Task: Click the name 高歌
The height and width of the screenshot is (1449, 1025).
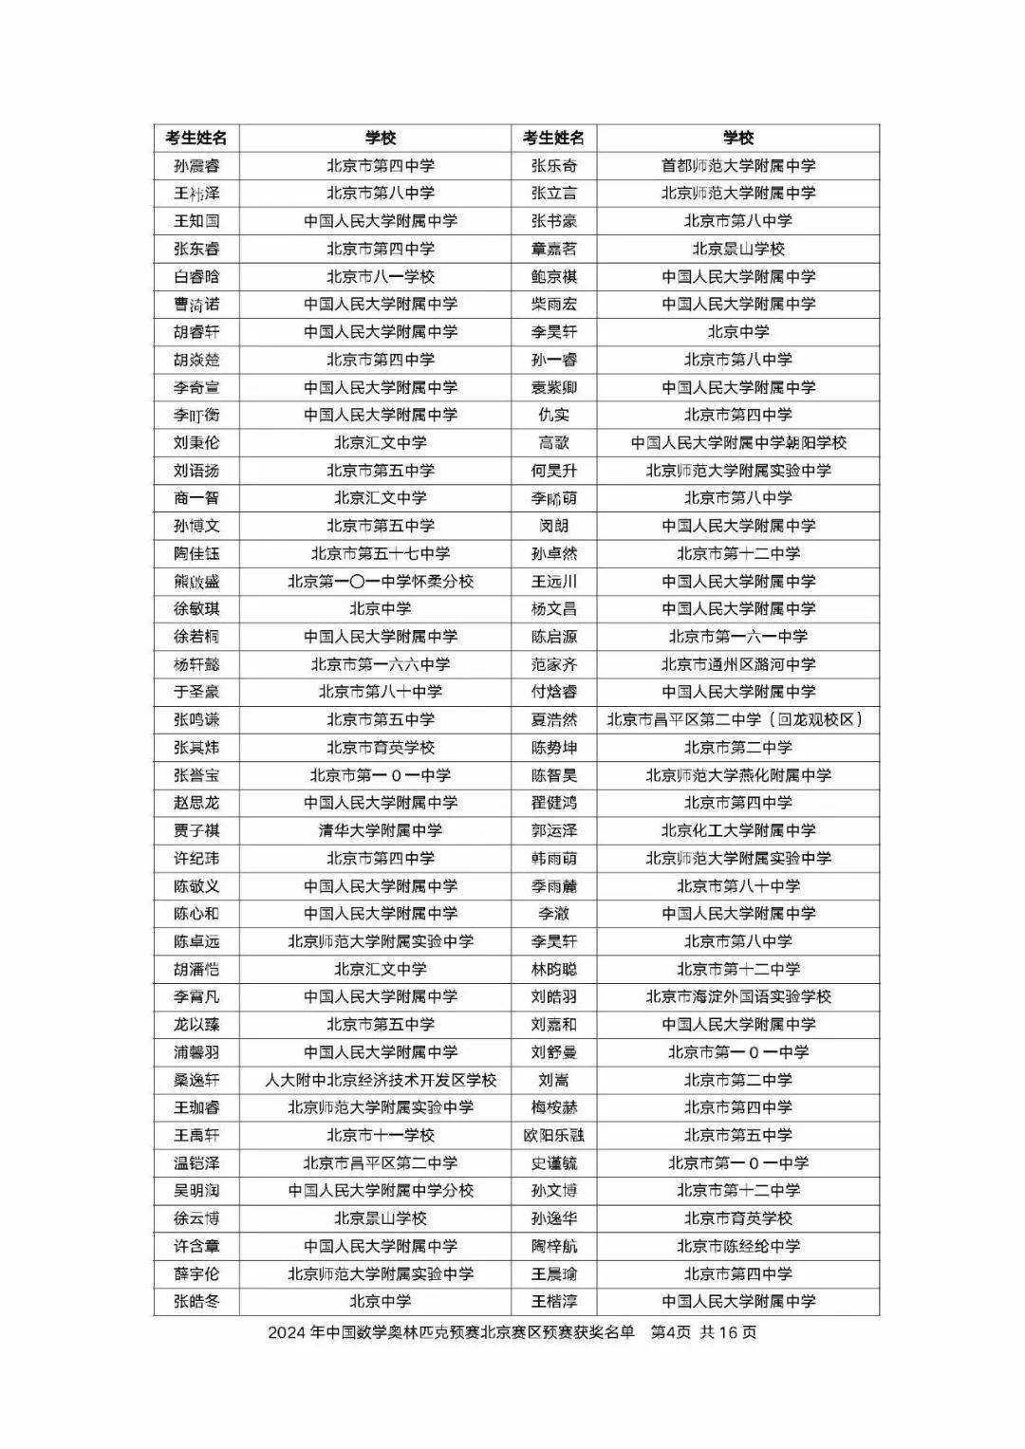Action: [x=553, y=443]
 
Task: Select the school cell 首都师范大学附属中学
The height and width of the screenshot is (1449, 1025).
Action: [x=737, y=166]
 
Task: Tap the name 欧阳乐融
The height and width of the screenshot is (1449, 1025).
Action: [x=553, y=1136]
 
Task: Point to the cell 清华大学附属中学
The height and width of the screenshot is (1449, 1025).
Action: [x=380, y=831]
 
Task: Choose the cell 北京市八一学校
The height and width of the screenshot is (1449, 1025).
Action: [x=380, y=277]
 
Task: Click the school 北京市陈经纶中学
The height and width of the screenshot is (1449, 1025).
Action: [x=737, y=1247]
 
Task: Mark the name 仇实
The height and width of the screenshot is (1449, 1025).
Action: [x=553, y=416]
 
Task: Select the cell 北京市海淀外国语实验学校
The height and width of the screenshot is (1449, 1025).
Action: [x=737, y=997]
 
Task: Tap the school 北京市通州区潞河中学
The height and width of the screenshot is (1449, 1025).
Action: [x=737, y=665]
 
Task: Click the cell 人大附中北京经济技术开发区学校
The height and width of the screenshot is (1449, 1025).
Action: [x=380, y=1081]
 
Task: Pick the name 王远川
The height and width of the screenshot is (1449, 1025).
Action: [x=553, y=582]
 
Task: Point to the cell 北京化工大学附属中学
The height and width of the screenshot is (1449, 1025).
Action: [x=737, y=831]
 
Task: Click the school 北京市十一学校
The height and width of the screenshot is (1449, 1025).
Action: [x=380, y=1136]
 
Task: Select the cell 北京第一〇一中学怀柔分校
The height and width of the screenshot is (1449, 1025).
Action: [x=380, y=582]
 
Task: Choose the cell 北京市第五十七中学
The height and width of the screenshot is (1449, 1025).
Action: [x=380, y=554]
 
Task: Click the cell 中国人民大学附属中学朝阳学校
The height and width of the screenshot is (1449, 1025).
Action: [x=737, y=443]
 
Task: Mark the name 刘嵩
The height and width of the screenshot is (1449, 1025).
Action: [x=553, y=1081]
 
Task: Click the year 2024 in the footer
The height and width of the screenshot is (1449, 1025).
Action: [x=285, y=1333]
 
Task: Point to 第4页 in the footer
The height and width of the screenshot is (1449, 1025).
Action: [x=670, y=1333]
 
